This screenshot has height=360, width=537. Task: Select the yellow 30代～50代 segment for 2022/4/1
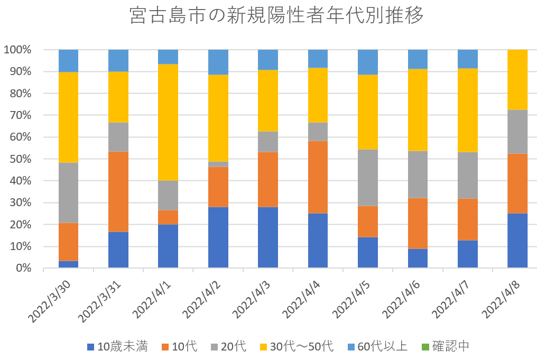168,122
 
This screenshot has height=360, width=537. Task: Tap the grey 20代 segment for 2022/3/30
68,192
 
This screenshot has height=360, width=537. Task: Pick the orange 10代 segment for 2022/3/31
118,191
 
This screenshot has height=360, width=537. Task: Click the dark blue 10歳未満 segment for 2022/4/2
218,237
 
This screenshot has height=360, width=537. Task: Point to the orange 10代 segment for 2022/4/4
318,177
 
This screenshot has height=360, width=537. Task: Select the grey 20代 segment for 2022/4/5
367,178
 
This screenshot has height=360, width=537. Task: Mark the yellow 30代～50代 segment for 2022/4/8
517,79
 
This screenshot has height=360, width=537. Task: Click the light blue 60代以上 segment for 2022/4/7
467,59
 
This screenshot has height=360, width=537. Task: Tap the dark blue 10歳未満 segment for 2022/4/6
418,259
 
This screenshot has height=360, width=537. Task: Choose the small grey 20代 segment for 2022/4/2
218,164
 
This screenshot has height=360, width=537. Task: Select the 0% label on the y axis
22,269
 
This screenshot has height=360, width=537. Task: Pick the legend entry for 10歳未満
117,347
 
